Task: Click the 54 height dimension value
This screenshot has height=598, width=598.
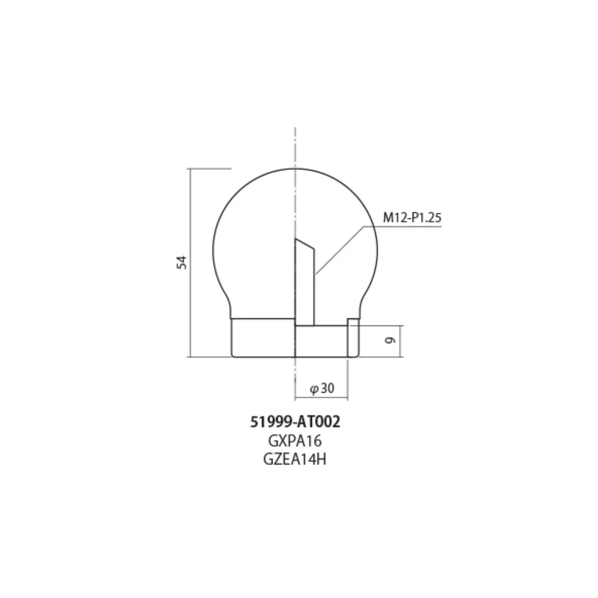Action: (182, 262)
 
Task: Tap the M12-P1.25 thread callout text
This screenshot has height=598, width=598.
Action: (413, 218)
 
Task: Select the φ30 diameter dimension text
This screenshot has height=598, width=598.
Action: (322, 388)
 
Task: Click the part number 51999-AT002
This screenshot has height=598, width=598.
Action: (295, 422)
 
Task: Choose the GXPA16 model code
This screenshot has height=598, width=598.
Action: (295, 441)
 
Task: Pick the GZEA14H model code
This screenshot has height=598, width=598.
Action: (295, 460)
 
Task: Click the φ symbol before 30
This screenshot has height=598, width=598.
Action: (314, 389)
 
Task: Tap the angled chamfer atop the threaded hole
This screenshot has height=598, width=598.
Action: (305, 244)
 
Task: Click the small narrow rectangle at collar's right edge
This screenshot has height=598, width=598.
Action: (353, 338)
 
